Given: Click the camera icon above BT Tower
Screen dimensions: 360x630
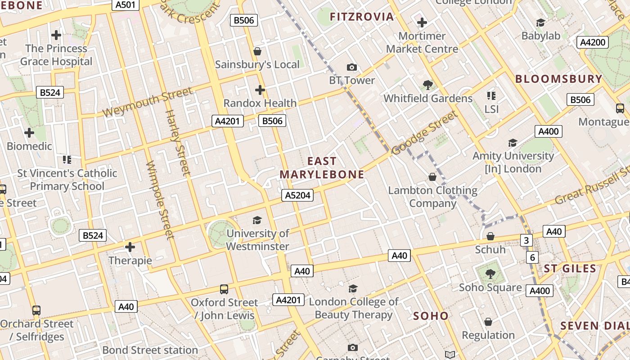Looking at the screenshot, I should point(352,67).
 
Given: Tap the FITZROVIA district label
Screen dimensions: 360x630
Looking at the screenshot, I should point(362,17).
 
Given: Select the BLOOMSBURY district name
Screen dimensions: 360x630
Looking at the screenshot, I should point(558,79).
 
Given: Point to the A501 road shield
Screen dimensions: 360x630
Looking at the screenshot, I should point(125,4).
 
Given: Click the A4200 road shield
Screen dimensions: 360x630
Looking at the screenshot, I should point(593,42).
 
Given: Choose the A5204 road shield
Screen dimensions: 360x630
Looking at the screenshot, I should point(297,195).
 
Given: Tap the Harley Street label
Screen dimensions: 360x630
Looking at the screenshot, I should point(177,142).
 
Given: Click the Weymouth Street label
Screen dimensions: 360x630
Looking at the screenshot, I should point(147,102).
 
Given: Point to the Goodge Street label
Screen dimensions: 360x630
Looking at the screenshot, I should point(424,133).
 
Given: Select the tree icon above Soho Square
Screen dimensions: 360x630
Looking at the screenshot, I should point(490,274).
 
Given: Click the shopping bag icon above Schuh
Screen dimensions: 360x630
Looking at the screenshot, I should point(490,236).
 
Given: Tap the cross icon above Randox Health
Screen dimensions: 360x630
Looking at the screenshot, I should point(260,90).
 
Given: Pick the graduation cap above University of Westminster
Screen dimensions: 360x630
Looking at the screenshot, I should point(257,220).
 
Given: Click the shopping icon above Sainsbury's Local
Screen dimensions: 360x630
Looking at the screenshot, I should point(257,51).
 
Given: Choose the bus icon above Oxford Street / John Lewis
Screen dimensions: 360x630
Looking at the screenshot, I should point(224,289).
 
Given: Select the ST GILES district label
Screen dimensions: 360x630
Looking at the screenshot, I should point(570,269).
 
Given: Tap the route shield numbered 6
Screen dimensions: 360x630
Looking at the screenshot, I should point(533,257).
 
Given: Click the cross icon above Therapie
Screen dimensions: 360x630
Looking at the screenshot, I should point(130,247).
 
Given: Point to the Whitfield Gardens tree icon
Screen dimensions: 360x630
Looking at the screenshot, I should point(427,85).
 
